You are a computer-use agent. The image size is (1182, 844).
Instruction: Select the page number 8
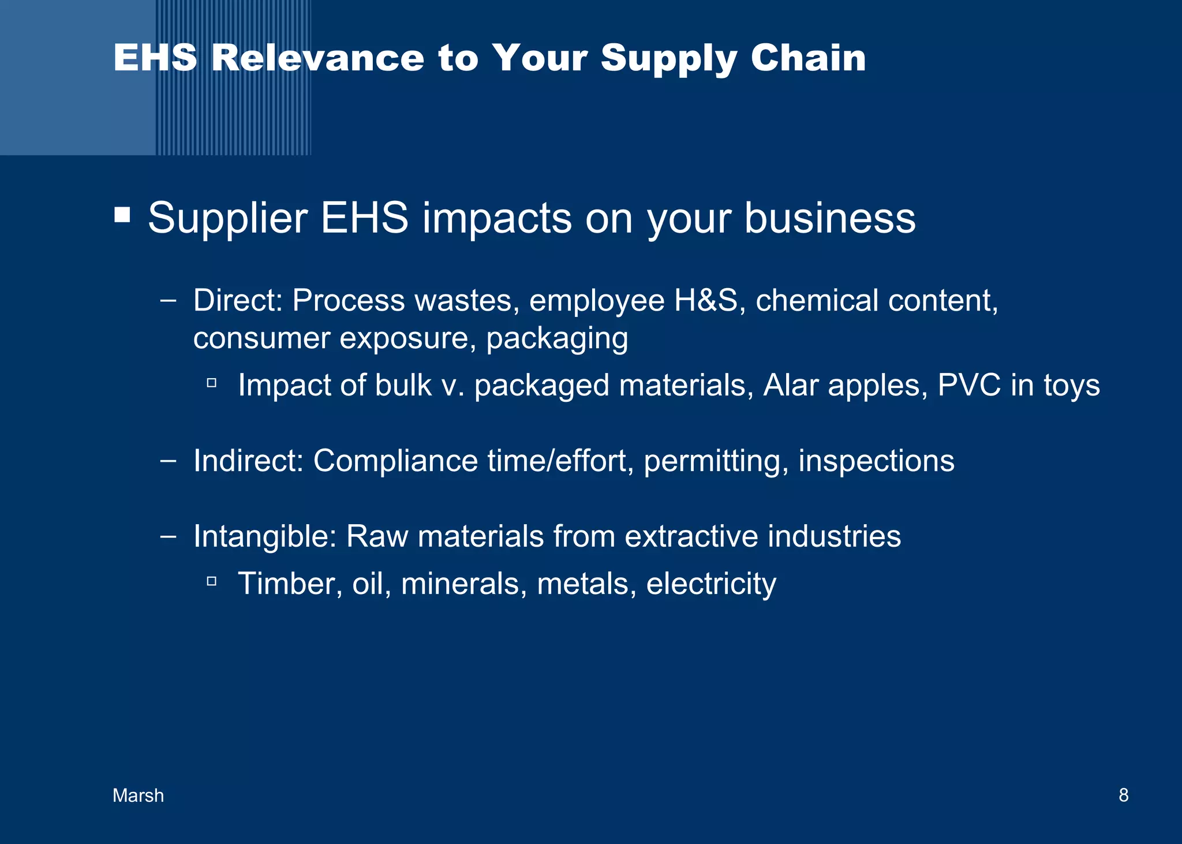[1123, 795]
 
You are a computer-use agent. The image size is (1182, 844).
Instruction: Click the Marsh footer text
[138, 796]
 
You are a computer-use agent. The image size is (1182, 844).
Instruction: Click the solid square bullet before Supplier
[122, 215]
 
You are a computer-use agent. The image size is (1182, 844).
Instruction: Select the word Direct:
[237, 301]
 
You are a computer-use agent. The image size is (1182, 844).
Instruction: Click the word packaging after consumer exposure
[556, 338]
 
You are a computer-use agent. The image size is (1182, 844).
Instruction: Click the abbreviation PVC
[969, 385]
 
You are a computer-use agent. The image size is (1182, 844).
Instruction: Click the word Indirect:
[248, 461]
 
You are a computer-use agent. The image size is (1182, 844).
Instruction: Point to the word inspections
[876, 462]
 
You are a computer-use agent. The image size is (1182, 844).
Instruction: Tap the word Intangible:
[264, 536]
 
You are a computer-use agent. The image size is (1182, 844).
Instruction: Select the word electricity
[711, 584]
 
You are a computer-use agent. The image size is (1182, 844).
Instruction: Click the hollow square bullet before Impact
[211, 382]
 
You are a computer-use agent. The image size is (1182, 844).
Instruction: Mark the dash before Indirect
[168, 461]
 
